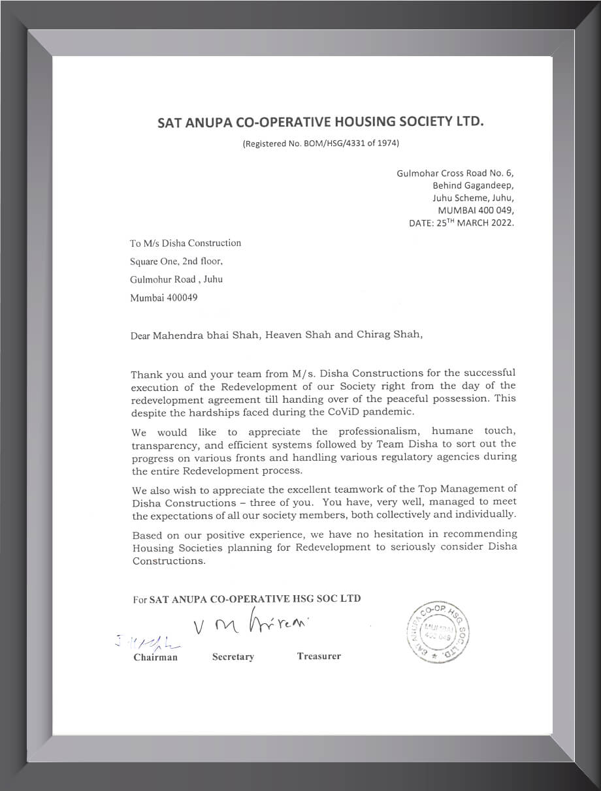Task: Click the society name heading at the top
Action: [321, 121]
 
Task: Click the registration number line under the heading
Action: [320, 143]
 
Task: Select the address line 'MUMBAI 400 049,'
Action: [476, 210]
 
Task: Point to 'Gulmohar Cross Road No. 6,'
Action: [455, 173]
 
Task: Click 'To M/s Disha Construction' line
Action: [186, 243]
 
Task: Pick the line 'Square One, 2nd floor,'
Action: [176, 261]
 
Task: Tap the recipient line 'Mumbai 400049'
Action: [163, 298]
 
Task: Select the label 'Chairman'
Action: [155, 657]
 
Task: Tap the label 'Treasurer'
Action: [319, 656]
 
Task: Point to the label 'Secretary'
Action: [233, 657]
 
